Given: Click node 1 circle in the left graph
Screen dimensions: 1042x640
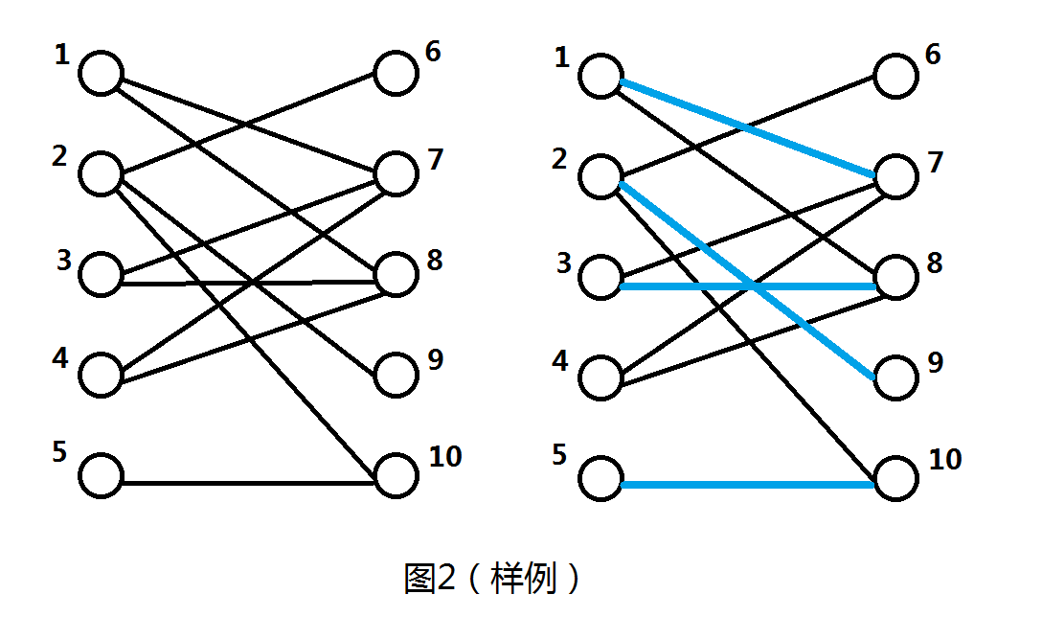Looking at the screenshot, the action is click(x=101, y=74).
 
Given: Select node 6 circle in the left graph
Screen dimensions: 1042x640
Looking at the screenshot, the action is click(x=395, y=74).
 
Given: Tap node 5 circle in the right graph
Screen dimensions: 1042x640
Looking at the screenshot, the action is click(x=601, y=478).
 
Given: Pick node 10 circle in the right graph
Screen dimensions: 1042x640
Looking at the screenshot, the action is click(x=895, y=478).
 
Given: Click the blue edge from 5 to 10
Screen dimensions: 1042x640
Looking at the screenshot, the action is click(x=747, y=486).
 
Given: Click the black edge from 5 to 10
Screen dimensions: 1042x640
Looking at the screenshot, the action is click(x=246, y=484).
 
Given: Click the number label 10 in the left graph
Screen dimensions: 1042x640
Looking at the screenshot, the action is click(x=445, y=456).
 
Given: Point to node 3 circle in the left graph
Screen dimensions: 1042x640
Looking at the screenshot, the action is click(x=101, y=276).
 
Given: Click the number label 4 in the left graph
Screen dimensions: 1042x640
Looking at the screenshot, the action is click(x=60, y=359).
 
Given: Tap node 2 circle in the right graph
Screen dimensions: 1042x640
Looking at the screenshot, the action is click(x=601, y=177).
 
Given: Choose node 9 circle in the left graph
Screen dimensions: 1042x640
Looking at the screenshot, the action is click(x=395, y=376).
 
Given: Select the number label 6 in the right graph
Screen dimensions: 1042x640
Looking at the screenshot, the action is click(x=932, y=54).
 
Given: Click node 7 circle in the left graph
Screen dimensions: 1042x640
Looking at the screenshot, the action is click(x=395, y=174).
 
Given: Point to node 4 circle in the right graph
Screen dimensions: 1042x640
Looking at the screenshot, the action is click(x=601, y=377).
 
